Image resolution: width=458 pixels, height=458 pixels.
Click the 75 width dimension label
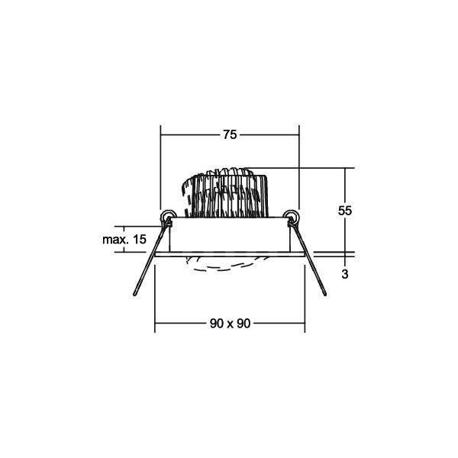point(229,134)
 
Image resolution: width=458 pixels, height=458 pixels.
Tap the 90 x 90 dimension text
point(229,323)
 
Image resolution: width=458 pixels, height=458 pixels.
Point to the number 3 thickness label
point(346,274)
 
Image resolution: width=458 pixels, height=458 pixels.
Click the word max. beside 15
point(114,240)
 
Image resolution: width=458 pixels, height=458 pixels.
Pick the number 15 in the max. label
point(139,240)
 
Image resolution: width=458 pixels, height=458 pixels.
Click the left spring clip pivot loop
point(166,218)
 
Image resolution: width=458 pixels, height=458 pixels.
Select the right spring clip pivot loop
point(292,218)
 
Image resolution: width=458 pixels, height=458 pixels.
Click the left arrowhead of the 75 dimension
point(163,134)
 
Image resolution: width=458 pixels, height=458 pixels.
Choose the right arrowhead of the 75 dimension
point(297,134)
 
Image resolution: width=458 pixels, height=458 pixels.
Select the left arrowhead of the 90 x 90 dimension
point(159,323)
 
